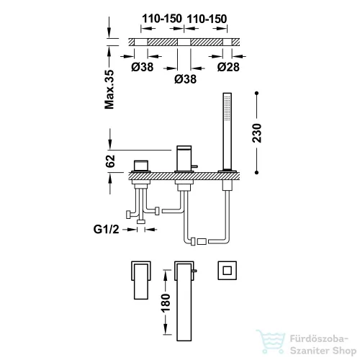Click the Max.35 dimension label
tap(109, 89)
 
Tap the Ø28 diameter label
tap(228, 67)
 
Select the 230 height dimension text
tap(257, 133)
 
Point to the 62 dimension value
tap(110, 161)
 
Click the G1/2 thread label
tap(106, 230)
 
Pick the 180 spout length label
tap(166, 303)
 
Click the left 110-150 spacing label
tap(162, 19)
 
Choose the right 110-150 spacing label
tap(207, 19)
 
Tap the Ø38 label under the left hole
tap(143, 67)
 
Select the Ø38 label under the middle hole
tap(186, 79)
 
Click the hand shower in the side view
tap(228, 132)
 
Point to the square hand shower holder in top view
tap(228, 271)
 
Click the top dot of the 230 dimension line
tap(257, 93)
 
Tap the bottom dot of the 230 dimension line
tap(257, 172)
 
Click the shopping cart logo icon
tap(271, 341)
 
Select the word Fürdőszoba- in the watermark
tap(319, 339)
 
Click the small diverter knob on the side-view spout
tap(194, 166)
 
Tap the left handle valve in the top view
tap(141, 280)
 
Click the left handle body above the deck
tap(141, 166)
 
